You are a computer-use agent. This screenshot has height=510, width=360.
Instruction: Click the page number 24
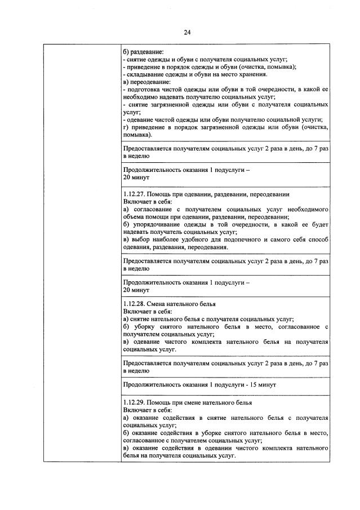(187, 33)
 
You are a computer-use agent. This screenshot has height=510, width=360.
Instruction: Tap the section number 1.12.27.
(132, 194)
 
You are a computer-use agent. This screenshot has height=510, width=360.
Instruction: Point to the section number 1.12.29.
(132, 403)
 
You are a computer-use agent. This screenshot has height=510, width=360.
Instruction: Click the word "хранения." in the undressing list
(252, 74)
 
